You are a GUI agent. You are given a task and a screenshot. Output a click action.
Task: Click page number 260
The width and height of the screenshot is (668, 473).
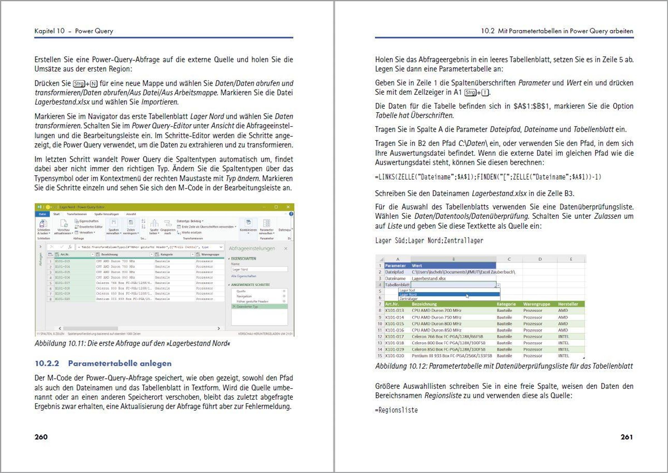(x=41, y=437)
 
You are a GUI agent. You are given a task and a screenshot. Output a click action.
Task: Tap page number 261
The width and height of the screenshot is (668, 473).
(x=626, y=437)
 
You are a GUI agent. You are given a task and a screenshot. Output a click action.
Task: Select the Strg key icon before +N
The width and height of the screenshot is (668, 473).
(x=79, y=84)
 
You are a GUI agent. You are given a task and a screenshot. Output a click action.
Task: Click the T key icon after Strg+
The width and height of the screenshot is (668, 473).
(x=485, y=93)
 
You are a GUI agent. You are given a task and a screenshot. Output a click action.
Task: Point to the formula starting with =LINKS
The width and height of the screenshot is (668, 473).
(x=488, y=177)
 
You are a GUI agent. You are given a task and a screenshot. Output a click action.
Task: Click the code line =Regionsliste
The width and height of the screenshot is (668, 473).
(x=396, y=410)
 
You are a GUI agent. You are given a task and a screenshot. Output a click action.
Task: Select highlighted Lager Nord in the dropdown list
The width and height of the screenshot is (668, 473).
(x=408, y=294)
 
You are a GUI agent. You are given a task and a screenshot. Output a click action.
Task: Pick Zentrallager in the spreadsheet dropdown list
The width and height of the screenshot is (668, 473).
(x=408, y=299)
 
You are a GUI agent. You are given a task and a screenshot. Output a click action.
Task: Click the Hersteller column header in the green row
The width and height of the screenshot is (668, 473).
(x=568, y=304)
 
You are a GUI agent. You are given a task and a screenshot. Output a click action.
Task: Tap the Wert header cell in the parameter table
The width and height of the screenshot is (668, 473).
(x=417, y=266)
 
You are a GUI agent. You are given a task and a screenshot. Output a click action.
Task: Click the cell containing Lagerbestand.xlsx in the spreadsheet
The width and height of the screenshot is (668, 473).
(x=429, y=279)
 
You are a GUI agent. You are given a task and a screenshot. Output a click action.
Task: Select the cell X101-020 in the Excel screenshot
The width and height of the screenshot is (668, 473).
(x=394, y=356)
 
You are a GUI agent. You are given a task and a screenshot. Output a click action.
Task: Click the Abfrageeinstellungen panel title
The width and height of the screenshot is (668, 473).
(x=252, y=248)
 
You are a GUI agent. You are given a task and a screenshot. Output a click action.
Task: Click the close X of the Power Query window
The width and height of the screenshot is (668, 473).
(x=288, y=207)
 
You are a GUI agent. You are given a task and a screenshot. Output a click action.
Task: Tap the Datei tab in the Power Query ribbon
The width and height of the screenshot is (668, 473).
(x=42, y=214)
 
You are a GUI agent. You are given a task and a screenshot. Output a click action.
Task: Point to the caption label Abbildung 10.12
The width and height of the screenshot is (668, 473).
(x=401, y=366)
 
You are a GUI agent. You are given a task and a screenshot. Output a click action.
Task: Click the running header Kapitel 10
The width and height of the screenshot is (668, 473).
(x=50, y=31)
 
